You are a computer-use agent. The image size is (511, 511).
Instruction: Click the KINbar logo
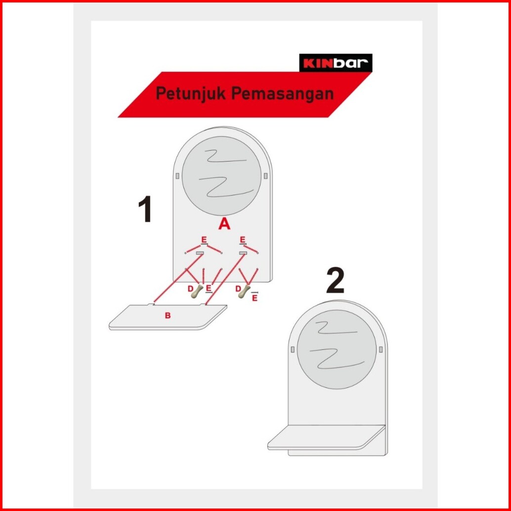click(x=336, y=63)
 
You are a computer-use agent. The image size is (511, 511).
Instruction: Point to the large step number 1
click(x=145, y=209)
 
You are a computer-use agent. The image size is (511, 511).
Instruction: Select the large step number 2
click(x=336, y=281)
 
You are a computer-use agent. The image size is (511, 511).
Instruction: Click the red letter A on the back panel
click(x=224, y=224)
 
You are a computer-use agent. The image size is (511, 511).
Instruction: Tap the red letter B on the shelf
click(x=168, y=315)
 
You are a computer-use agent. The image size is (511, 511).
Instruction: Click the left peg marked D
click(x=197, y=291)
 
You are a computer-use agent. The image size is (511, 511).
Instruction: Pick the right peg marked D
click(x=245, y=291)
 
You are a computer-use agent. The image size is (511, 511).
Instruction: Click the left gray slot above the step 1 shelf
click(x=200, y=253)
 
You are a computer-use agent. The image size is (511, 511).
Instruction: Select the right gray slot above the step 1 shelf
click(x=243, y=253)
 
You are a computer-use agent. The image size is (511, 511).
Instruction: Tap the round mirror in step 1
click(x=221, y=176)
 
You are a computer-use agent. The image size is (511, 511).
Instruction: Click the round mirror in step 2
click(x=337, y=349)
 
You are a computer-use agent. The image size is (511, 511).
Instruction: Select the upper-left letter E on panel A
click(x=204, y=240)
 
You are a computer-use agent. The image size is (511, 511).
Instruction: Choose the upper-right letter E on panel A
click(x=243, y=240)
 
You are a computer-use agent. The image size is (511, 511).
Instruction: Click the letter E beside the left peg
click(x=209, y=289)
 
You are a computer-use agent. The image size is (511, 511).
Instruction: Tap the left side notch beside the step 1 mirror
click(x=177, y=176)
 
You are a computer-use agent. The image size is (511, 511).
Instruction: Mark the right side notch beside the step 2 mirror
click(x=381, y=349)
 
